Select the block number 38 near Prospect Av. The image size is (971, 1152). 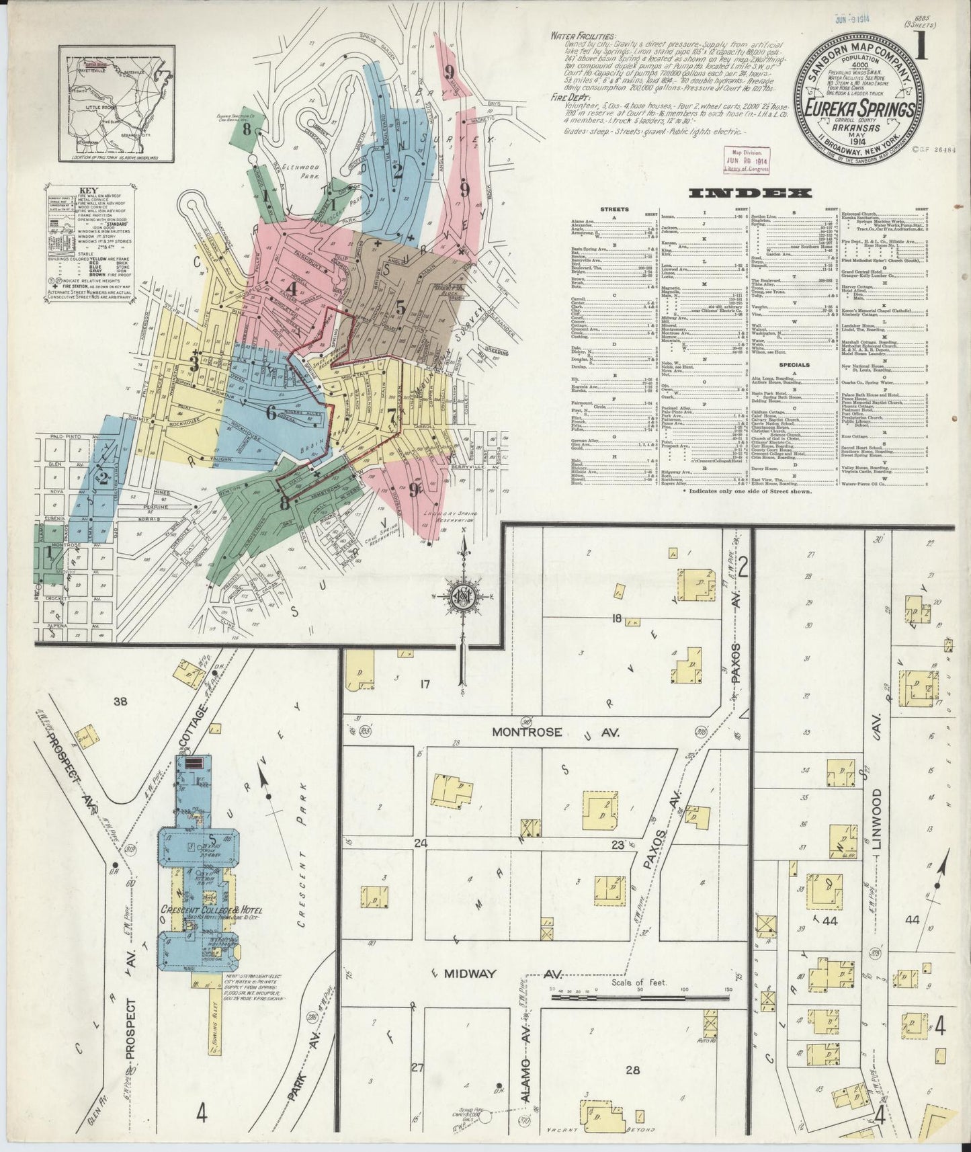pos(120,702)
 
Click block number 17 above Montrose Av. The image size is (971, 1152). pos(424,685)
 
